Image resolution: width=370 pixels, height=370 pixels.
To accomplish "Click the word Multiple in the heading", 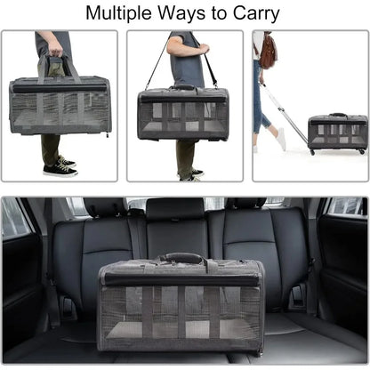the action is (118, 13).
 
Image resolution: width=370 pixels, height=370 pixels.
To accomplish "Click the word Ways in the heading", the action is (181, 13).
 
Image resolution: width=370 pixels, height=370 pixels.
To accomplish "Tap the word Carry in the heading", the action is (256, 13).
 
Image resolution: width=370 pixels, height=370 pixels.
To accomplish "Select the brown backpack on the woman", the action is (268, 51).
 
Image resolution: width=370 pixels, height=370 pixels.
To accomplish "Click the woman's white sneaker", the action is (281, 139).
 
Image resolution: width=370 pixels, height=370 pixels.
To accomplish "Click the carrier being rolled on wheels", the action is (338, 133).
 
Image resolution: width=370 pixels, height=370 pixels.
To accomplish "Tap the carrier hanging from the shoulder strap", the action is (183, 114).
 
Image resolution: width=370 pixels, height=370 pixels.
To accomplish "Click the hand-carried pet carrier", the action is (60, 105).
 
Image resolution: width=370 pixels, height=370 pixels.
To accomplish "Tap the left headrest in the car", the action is (106, 206).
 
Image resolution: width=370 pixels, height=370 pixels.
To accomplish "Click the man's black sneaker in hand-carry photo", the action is (60, 170).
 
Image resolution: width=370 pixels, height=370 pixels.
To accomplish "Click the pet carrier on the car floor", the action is (181, 305).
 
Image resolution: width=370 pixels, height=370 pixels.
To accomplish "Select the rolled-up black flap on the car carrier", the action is (180, 280).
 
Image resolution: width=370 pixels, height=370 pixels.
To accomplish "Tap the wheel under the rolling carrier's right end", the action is (362, 152).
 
